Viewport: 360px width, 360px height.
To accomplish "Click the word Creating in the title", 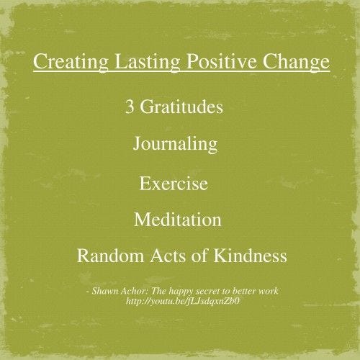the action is [x=71, y=62].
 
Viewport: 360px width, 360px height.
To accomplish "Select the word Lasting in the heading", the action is [x=147, y=62].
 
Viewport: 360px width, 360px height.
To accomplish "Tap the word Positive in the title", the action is [x=221, y=61].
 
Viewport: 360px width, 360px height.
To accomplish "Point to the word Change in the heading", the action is [x=296, y=62].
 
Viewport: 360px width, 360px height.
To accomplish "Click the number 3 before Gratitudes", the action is [x=130, y=107].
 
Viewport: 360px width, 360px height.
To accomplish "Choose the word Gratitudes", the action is [x=181, y=107].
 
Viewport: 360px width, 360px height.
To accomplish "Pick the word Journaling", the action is [x=175, y=145].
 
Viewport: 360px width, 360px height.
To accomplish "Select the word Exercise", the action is [x=174, y=184].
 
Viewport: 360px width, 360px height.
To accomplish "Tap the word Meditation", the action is [x=178, y=219].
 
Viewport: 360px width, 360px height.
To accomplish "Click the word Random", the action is [x=110, y=256].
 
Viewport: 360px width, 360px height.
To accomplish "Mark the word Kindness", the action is [x=250, y=256].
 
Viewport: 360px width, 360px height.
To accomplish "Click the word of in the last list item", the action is [x=199, y=256].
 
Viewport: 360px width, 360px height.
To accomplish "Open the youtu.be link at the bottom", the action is [x=183, y=301].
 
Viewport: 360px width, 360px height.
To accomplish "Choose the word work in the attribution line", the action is [x=269, y=291].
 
